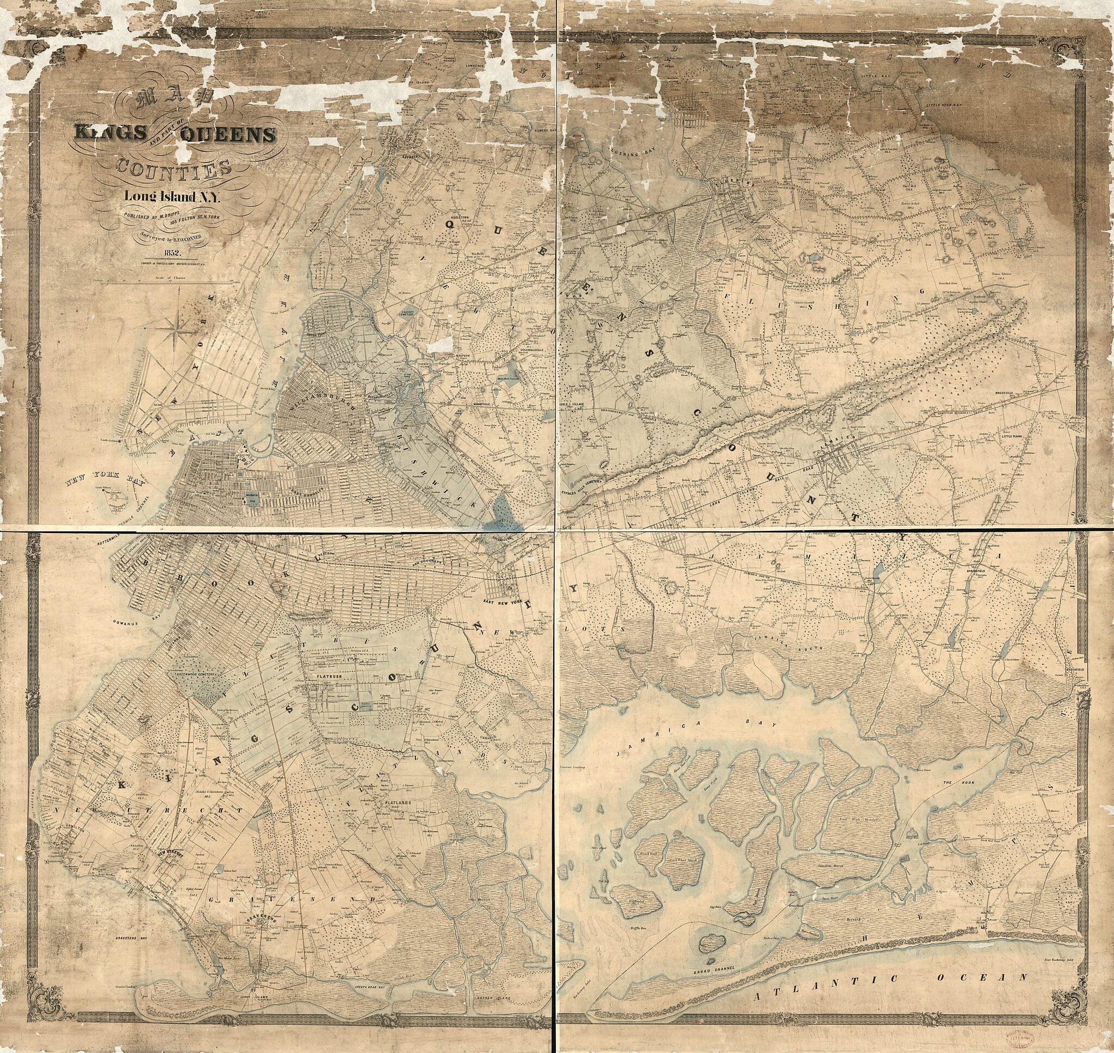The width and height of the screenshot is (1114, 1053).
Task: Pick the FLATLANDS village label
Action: (399, 804)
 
